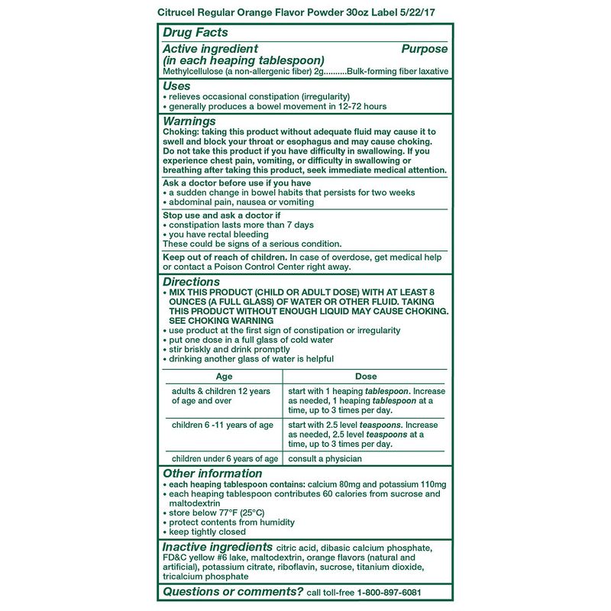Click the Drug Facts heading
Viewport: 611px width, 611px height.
pos(196,33)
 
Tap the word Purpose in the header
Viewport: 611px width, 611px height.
pos(425,49)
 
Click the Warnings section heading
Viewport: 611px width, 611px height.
pos(189,121)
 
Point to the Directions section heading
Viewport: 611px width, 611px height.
pos(192,282)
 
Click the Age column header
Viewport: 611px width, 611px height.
pos(224,377)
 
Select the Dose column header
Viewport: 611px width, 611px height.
pos(366,377)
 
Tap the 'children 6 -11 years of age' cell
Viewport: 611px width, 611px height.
pos(222,425)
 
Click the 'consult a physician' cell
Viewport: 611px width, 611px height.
pos(325,459)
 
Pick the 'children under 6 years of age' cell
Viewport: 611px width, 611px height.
pos(225,459)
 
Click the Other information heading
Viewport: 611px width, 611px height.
pos(212,474)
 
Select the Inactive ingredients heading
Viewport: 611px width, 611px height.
pos(218,547)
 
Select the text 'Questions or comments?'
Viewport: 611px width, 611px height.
pos(233,592)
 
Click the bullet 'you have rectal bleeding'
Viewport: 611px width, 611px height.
pos(218,234)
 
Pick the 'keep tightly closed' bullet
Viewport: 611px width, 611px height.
pos(207,532)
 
